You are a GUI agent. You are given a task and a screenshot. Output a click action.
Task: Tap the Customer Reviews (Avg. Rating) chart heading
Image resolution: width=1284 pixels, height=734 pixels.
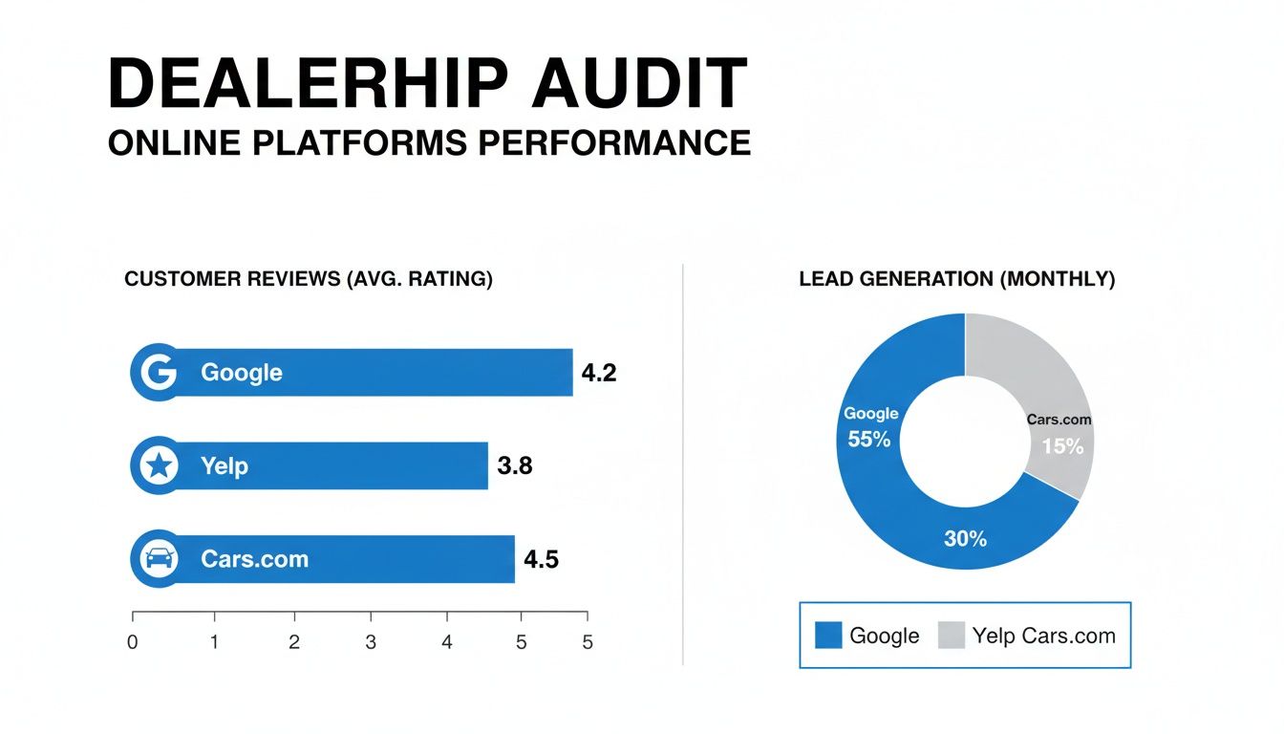[309, 279]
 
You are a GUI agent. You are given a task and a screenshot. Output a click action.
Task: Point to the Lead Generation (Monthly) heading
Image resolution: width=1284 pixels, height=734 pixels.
[956, 279]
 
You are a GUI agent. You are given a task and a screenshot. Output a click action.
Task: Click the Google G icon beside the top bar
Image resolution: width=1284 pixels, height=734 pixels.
[156, 373]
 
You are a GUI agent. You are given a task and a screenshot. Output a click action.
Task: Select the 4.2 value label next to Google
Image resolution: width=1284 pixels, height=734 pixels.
[598, 374]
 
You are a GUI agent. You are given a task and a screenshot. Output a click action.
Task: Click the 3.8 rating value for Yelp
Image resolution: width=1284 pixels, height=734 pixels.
[514, 466]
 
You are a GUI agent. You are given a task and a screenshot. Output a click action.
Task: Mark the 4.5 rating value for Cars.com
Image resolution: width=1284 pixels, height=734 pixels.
[541, 559]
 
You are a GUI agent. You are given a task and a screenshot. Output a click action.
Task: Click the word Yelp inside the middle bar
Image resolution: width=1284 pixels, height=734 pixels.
[225, 466]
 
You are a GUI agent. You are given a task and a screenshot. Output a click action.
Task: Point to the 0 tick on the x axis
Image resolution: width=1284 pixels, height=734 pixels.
[133, 643]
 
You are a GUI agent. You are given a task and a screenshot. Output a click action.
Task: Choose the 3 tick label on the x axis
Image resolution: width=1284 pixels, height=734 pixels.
[371, 643]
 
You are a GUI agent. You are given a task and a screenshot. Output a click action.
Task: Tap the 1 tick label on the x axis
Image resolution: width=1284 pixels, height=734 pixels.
[215, 643]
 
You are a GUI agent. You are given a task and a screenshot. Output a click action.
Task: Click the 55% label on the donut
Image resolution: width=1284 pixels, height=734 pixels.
[869, 440]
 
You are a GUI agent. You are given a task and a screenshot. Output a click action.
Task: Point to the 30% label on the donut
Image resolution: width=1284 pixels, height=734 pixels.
[965, 539]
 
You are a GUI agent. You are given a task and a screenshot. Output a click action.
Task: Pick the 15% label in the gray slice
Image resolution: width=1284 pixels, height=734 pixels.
[1062, 446]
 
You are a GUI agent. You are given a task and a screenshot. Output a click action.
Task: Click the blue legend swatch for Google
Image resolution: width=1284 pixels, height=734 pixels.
[828, 636]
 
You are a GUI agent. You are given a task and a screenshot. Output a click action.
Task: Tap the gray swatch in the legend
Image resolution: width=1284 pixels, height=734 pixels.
[952, 636]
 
